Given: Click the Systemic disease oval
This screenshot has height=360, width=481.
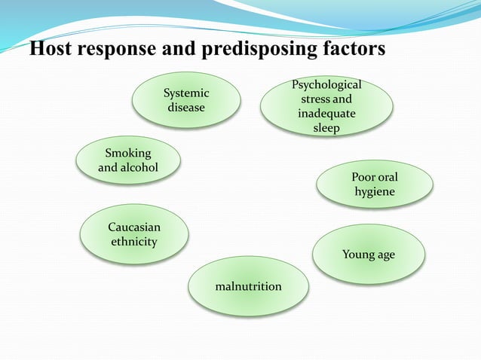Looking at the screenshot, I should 186,100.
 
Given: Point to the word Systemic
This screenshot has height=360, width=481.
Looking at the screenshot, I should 186,93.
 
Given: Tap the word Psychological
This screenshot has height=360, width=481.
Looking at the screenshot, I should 326,85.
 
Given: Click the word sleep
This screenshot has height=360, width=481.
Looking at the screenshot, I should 326,128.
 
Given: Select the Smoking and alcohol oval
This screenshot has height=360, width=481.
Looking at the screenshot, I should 128,160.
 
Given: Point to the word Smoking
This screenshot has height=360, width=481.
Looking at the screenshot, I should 128,154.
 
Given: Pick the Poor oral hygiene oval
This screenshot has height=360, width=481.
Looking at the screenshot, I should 375,185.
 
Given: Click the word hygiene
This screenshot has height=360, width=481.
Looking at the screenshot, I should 375,192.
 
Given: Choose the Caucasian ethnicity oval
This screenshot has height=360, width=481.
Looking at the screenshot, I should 134,234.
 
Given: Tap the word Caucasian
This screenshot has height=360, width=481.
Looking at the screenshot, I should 134,227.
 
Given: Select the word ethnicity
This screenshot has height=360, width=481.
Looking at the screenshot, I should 134,242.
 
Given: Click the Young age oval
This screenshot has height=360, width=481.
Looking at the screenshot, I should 369,255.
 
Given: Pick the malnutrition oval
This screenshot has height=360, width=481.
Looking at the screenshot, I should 248,286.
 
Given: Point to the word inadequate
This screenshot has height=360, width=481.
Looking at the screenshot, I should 326,114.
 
